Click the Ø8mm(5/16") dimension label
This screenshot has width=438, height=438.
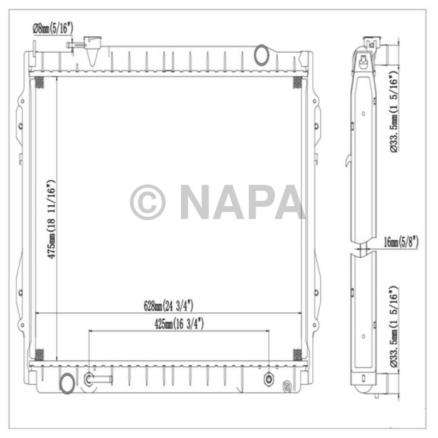[53, 27]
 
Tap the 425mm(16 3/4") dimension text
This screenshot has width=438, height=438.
[178, 324]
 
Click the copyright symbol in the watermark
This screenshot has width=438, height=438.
[148, 202]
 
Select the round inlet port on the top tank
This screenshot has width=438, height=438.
[262, 55]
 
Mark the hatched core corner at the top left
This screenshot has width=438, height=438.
[38, 83]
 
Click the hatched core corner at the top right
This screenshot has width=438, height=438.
[297, 83]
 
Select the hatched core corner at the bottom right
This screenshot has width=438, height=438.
[297, 354]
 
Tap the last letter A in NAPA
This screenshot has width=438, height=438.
[290, 202]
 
